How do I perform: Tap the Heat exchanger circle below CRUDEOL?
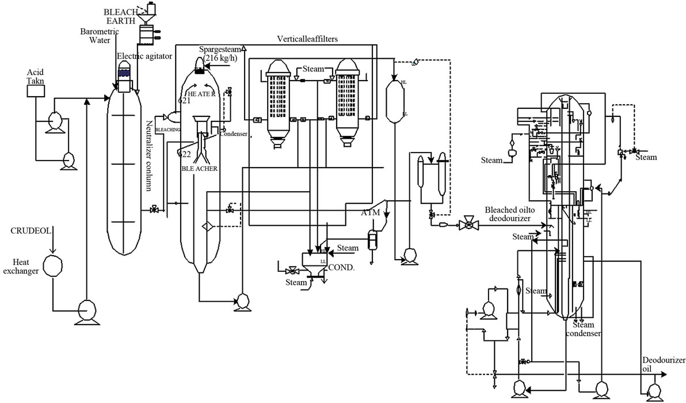pyautogui.click(x=53, y=265)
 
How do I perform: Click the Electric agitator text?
pyautogui.click(x=144, y=56)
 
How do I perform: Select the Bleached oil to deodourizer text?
pyautogui.click(x=510, y=214)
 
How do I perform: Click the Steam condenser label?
pyautogui.click(x=583, y=329)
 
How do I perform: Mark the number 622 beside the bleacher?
pyautogui.click(x=184, y=154)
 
